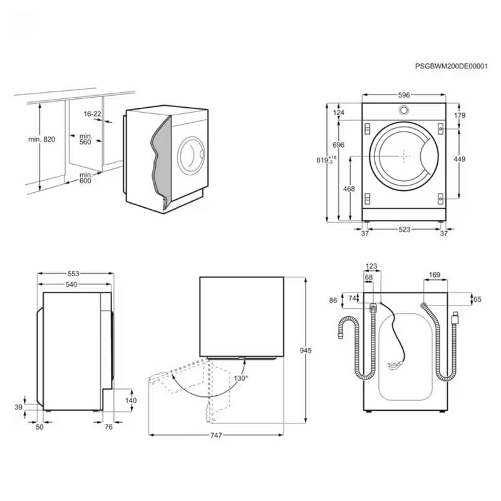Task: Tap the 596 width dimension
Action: coord(404,95)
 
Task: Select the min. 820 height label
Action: coord(42,139)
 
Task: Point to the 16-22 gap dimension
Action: coord(92,114)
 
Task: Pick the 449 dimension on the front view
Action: coord(459,160)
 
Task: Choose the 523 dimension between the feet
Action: coord(404,230)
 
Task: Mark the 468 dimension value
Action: coord(349,189)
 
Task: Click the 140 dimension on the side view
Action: coord(131,400)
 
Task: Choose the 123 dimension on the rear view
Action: coord(373,266)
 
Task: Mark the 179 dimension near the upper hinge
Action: coord(459,115)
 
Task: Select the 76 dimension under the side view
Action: coord(108,426)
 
